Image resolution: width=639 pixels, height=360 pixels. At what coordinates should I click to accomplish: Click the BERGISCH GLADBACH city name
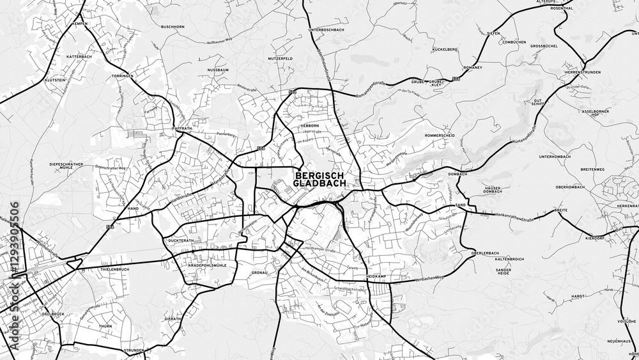point(319,179)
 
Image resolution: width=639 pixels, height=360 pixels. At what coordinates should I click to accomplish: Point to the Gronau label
point(259,272)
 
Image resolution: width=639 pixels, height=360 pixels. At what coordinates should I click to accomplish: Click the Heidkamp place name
point(376,276)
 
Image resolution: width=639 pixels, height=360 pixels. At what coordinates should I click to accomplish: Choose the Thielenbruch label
point(115,270)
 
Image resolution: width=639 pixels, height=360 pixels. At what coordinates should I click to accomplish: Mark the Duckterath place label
point(181,240)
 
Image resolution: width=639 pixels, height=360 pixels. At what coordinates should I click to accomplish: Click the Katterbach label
point(79,56)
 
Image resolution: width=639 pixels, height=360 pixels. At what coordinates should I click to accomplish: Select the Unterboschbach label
point(327,30)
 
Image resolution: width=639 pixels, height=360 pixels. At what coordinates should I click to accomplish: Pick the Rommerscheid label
point(439,136)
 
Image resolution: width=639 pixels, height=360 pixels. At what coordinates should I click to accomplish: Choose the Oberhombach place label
point(570,187)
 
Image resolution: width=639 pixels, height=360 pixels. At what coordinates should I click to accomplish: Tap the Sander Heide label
point(504,272)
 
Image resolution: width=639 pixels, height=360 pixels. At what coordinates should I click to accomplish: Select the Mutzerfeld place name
point(280,58)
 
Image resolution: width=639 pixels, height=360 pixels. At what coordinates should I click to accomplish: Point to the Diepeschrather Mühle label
point(66,166)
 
